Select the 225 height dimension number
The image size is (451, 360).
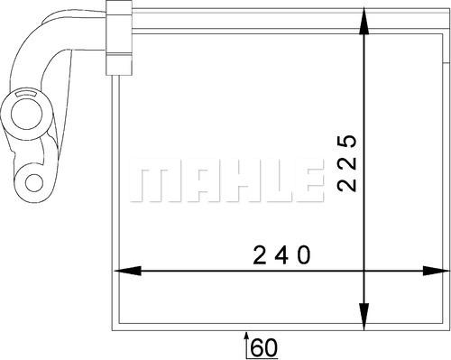click(x=347, y=163)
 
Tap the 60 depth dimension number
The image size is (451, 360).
click(x=262, y=345)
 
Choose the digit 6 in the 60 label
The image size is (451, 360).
click(x=256, y=345)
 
